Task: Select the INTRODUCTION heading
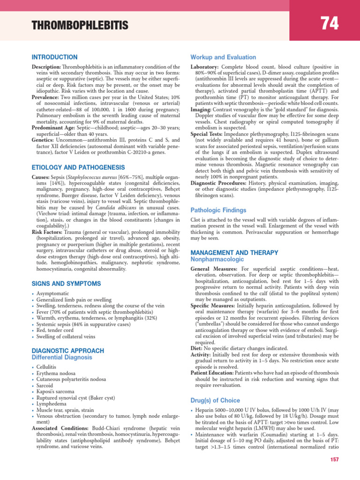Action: pos(54,57)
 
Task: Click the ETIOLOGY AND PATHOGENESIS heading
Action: pos(78,167)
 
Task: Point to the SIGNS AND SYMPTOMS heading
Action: pos(59,284)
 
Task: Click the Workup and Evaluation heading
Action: pos(223,57)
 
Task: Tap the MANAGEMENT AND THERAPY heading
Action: pos(234,253)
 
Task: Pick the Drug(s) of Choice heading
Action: pos(215,401)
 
